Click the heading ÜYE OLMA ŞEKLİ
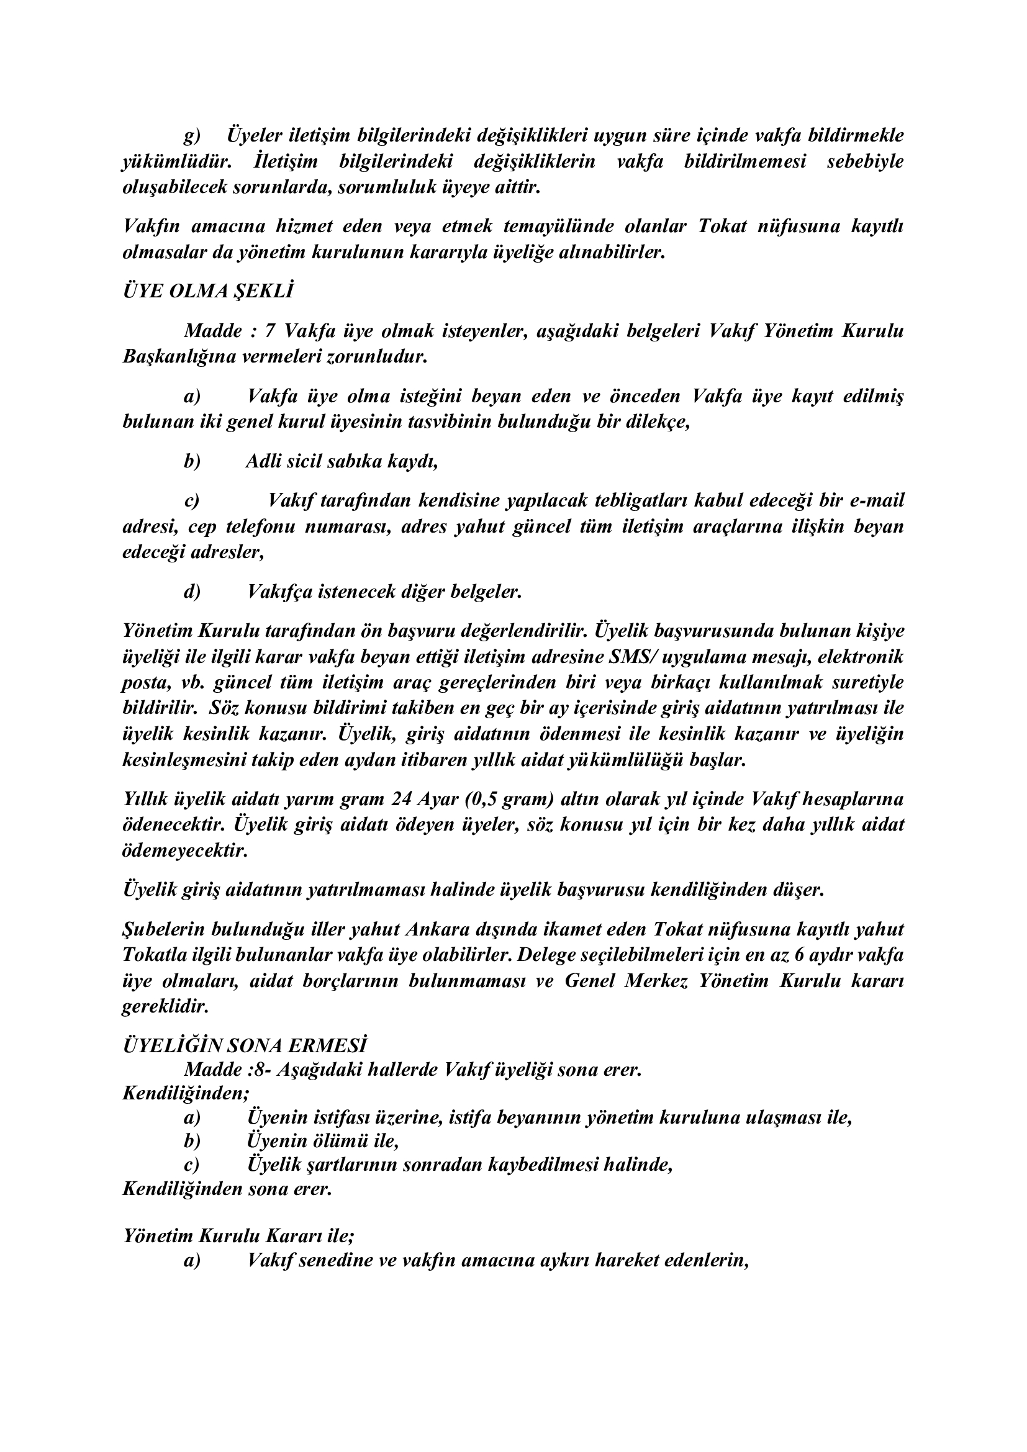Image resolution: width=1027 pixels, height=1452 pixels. pos(208,292)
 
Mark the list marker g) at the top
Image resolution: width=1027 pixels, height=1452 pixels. pos(192,135)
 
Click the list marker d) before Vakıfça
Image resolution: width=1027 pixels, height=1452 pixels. pos(192,592)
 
